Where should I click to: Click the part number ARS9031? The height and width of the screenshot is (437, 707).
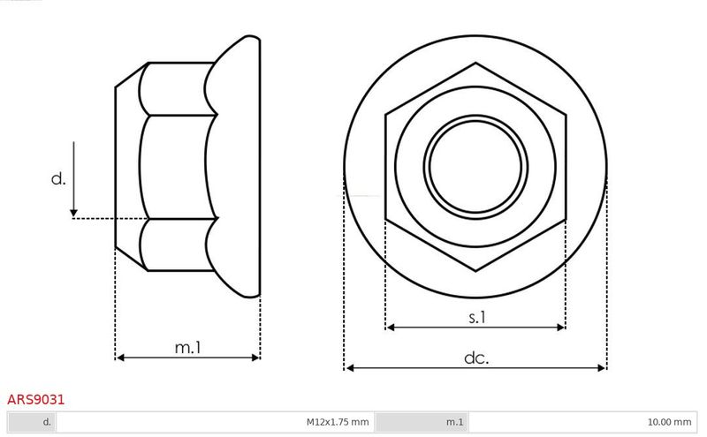tap(35, 400)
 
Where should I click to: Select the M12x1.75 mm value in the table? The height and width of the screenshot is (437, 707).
tap(338, 422)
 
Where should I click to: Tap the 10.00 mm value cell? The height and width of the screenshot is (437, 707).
tap(669, 422)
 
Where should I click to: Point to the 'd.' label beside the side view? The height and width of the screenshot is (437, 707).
tap(58, 179)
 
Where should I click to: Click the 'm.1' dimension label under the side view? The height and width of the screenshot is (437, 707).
tap(188, 347)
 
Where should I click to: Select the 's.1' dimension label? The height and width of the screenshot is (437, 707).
tap(476, 318)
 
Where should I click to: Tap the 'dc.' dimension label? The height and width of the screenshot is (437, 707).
tap(476, 358)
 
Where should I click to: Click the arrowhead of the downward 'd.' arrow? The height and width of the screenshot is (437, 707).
tap(73, 213)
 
